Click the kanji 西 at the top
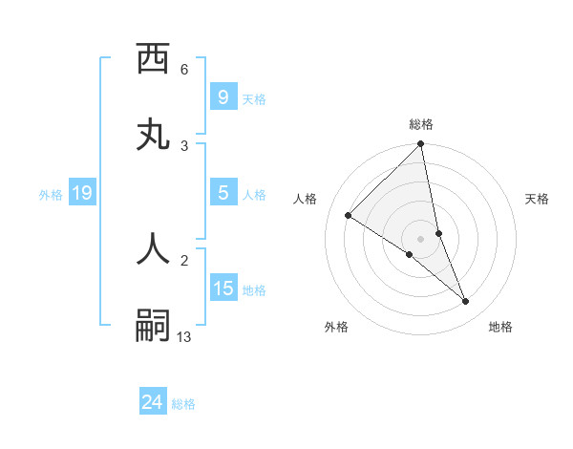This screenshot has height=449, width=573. [x=153, y=59]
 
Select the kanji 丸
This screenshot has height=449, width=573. [x=153, y=135]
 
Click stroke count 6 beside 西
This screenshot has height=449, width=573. [x=184, y=70]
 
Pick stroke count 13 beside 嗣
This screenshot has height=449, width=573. [x=184, y=336]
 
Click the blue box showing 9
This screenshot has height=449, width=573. [x=223, y=97]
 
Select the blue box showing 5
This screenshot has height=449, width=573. [x=223, y=193]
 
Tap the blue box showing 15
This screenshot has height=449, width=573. [x=223, y=289]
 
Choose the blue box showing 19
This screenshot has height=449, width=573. [x=81, y=193]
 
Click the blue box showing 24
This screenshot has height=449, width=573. [x=152, y=403]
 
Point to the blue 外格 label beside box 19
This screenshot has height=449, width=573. [x=51, y=195]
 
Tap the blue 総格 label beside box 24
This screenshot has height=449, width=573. [x=183, y=405]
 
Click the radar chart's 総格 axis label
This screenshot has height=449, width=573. [x=421, y=124]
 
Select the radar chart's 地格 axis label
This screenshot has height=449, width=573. [x=500, y=327]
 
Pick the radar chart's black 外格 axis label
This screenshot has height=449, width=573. [x=336, y=327]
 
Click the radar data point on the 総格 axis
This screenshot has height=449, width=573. [x=421, y=145]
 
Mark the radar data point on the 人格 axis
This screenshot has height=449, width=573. [x=349, y=216]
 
